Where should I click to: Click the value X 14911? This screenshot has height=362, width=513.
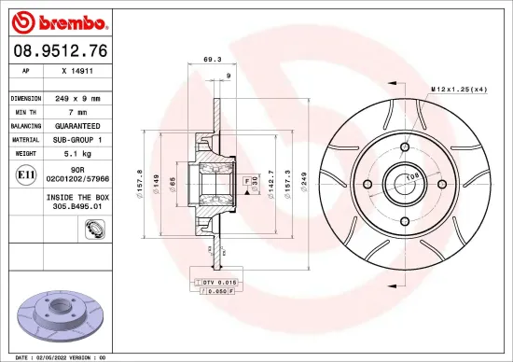[x=76, y=70]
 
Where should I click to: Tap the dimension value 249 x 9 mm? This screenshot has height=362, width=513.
[x=79, y=98]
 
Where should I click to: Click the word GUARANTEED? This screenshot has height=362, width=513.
[x=79, y=124]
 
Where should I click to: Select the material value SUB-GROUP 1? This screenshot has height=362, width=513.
[x=79, y=137]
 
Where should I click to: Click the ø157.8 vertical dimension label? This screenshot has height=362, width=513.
[x=141, y=178]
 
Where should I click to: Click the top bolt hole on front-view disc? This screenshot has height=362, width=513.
[x=405, y=146]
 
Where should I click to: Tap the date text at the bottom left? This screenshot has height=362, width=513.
[x=56, y=356]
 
